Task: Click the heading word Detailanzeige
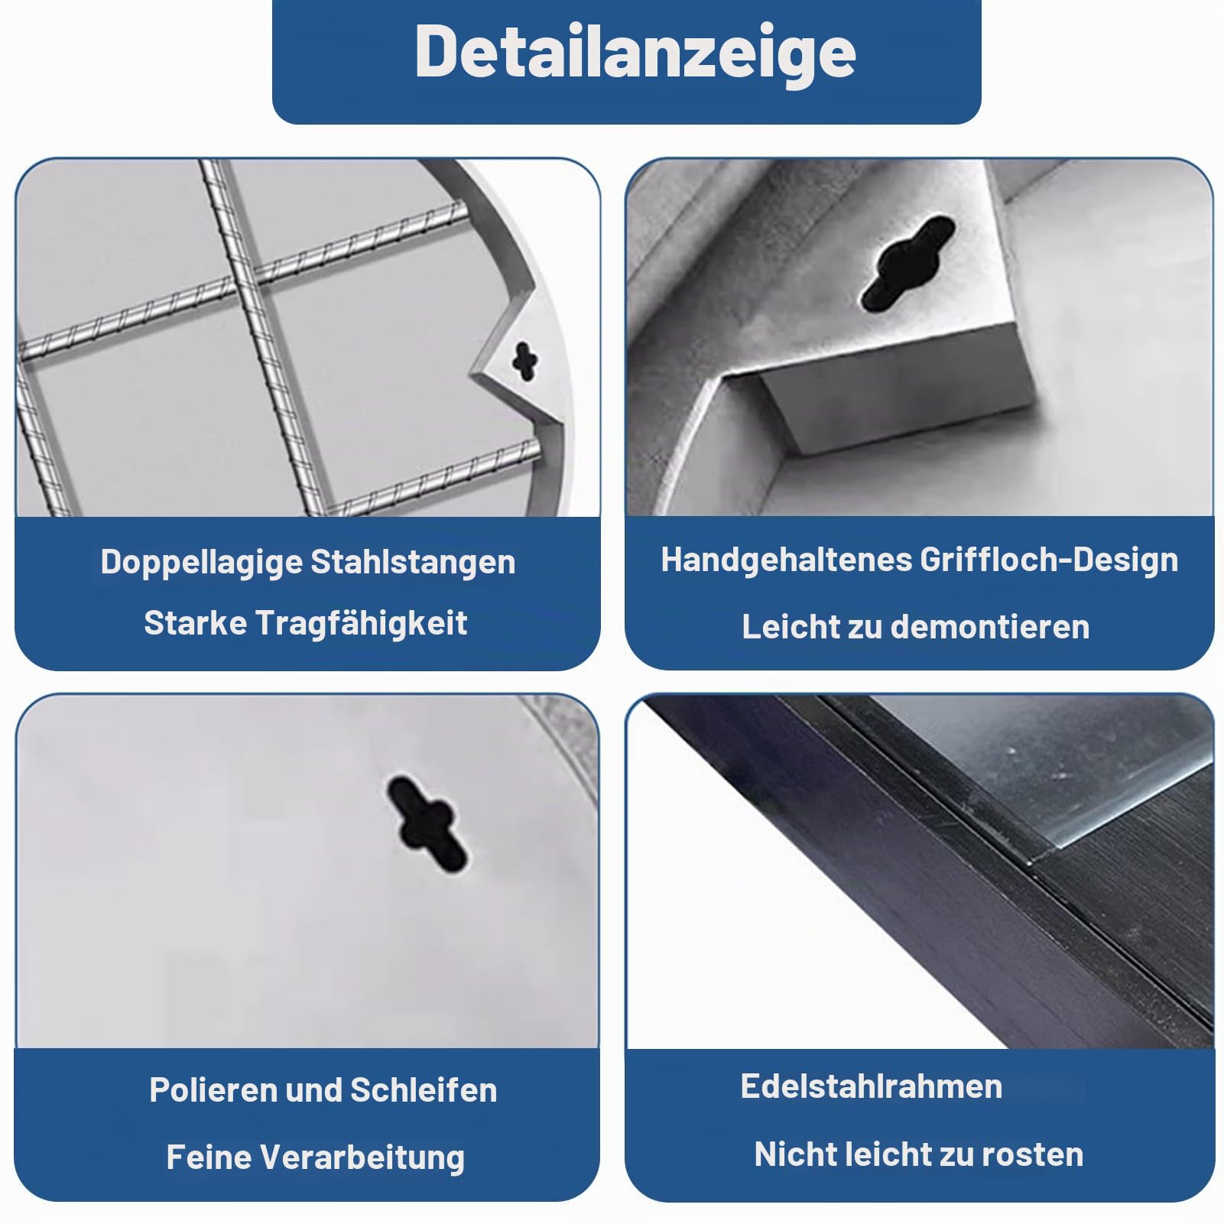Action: click(x=635, y=53)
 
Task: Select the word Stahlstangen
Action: click(x=413, y=562)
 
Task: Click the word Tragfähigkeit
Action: click(x=360, y=624)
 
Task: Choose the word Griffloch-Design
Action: click(x=1049, y=560)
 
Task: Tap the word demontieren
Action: click(x=991, y=627)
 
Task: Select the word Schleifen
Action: click(x=424, y=1090)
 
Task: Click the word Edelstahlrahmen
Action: click(x=871, y=1086)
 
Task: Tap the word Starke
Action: click(x=195, y=623)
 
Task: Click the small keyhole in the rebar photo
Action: click(x=524, y=360)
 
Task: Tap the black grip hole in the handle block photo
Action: click(x=908, y=263)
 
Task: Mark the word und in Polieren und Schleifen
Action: click(x=313, y=1090)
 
